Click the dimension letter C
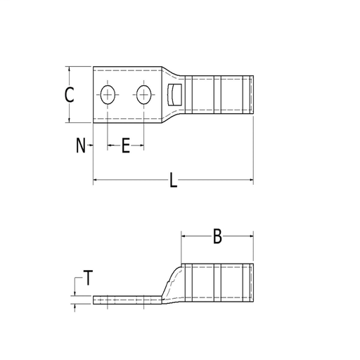[x=69, y=95]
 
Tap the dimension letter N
[x=80, y=146]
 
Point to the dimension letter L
[x=173, y=181]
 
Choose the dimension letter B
[x=217, y=238]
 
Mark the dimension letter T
[x=87, y=278]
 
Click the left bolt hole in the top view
[x=108, y=95]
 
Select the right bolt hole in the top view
[x=144, y=95]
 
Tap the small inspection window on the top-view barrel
[x=175, y=95]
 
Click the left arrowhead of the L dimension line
[x=96, y=181]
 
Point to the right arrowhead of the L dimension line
[x=250, y=181]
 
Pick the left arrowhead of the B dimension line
[x=185, y=238]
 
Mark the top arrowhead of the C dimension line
[x=69, y=70]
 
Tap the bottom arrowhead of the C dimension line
[x=69, y=119]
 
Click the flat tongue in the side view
[x=127, y=301]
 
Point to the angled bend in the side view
[x=171, y=281]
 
